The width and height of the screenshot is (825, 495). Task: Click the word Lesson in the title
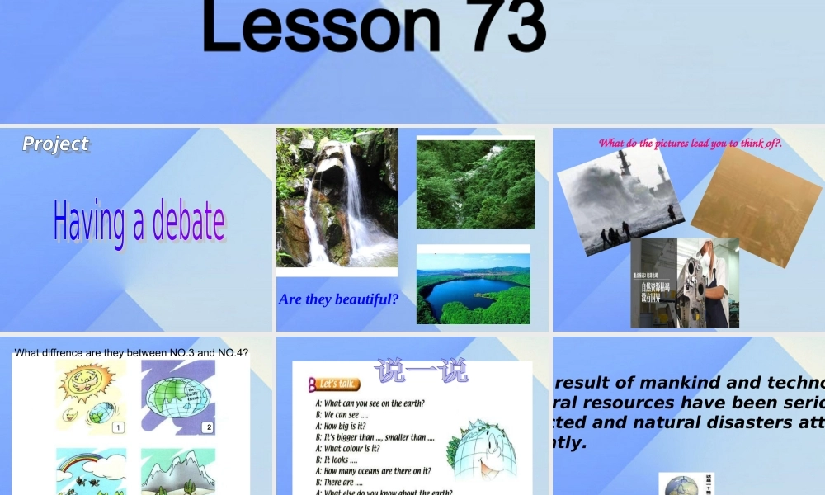tap(322, 26)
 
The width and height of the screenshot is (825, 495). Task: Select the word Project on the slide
tap(55, 144)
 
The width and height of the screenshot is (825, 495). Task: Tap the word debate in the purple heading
tap(188, 223)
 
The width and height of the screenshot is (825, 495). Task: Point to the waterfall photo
tap(337, 198)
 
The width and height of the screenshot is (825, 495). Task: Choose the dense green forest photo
tap(475, 183)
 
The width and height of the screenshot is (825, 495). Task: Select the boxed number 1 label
tap(118, 427)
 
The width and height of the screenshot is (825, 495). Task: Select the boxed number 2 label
tap(208, 427)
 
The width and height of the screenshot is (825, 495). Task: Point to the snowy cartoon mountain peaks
tap(177, 470)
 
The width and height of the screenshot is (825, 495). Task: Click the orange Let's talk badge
tap(334, 384)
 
